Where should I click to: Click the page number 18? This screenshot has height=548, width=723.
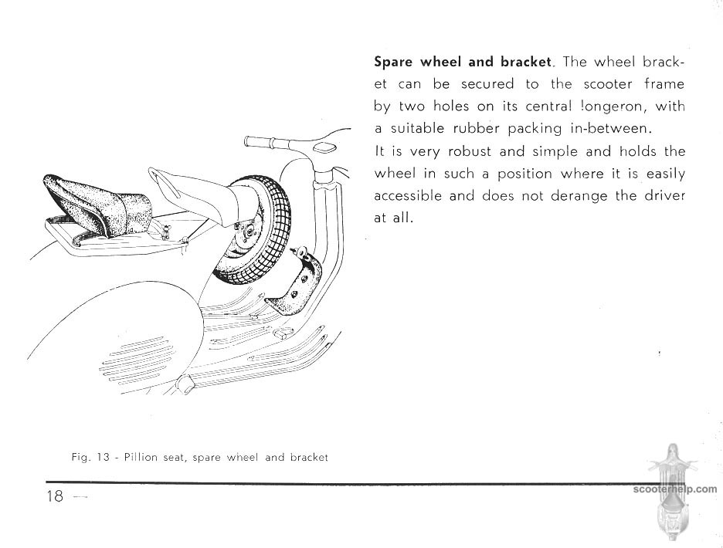[54, 496]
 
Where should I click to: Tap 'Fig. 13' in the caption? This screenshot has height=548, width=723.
[89, 458]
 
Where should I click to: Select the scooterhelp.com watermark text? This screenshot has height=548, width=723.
[674, 489]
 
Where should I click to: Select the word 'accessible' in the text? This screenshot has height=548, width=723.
[408, 196]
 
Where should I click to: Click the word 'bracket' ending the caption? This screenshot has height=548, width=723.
[309, 458]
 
